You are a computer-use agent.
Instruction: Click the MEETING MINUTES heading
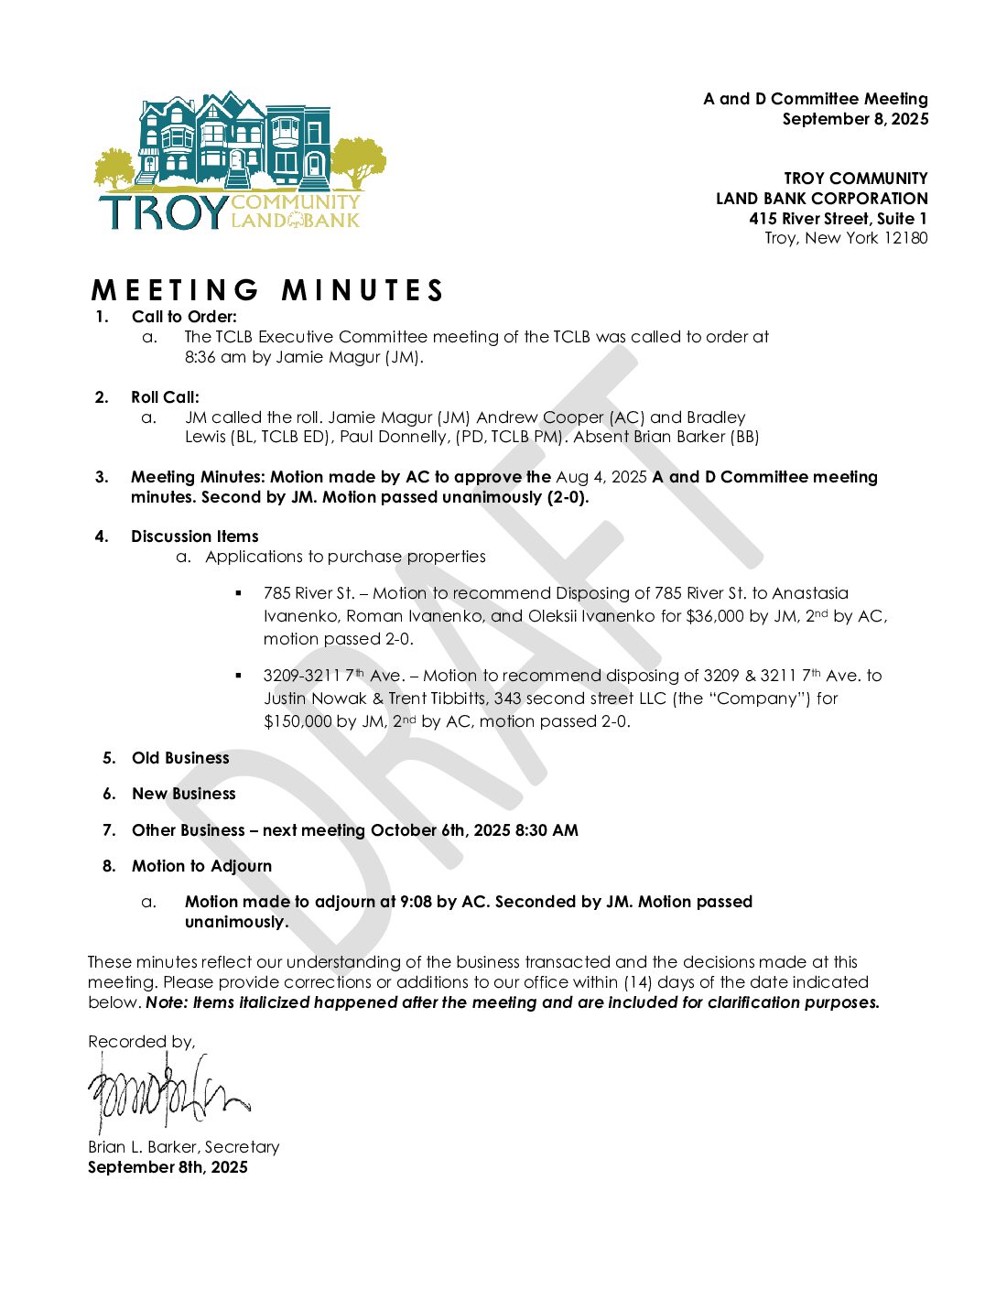click(267, 290)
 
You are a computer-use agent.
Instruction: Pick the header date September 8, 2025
click(855, 119)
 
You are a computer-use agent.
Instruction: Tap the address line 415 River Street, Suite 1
click(838, 218)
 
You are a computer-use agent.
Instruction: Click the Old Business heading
click(180, 758)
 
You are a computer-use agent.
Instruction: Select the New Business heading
click(183, 794)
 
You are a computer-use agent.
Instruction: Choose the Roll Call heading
click(165, 397)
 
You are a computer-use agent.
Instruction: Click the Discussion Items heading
click(194, 536)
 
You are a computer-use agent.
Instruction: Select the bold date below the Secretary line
click(168, 1167)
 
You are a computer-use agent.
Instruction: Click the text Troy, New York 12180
click(846, 238)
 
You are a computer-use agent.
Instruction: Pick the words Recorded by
click(141, 1042)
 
